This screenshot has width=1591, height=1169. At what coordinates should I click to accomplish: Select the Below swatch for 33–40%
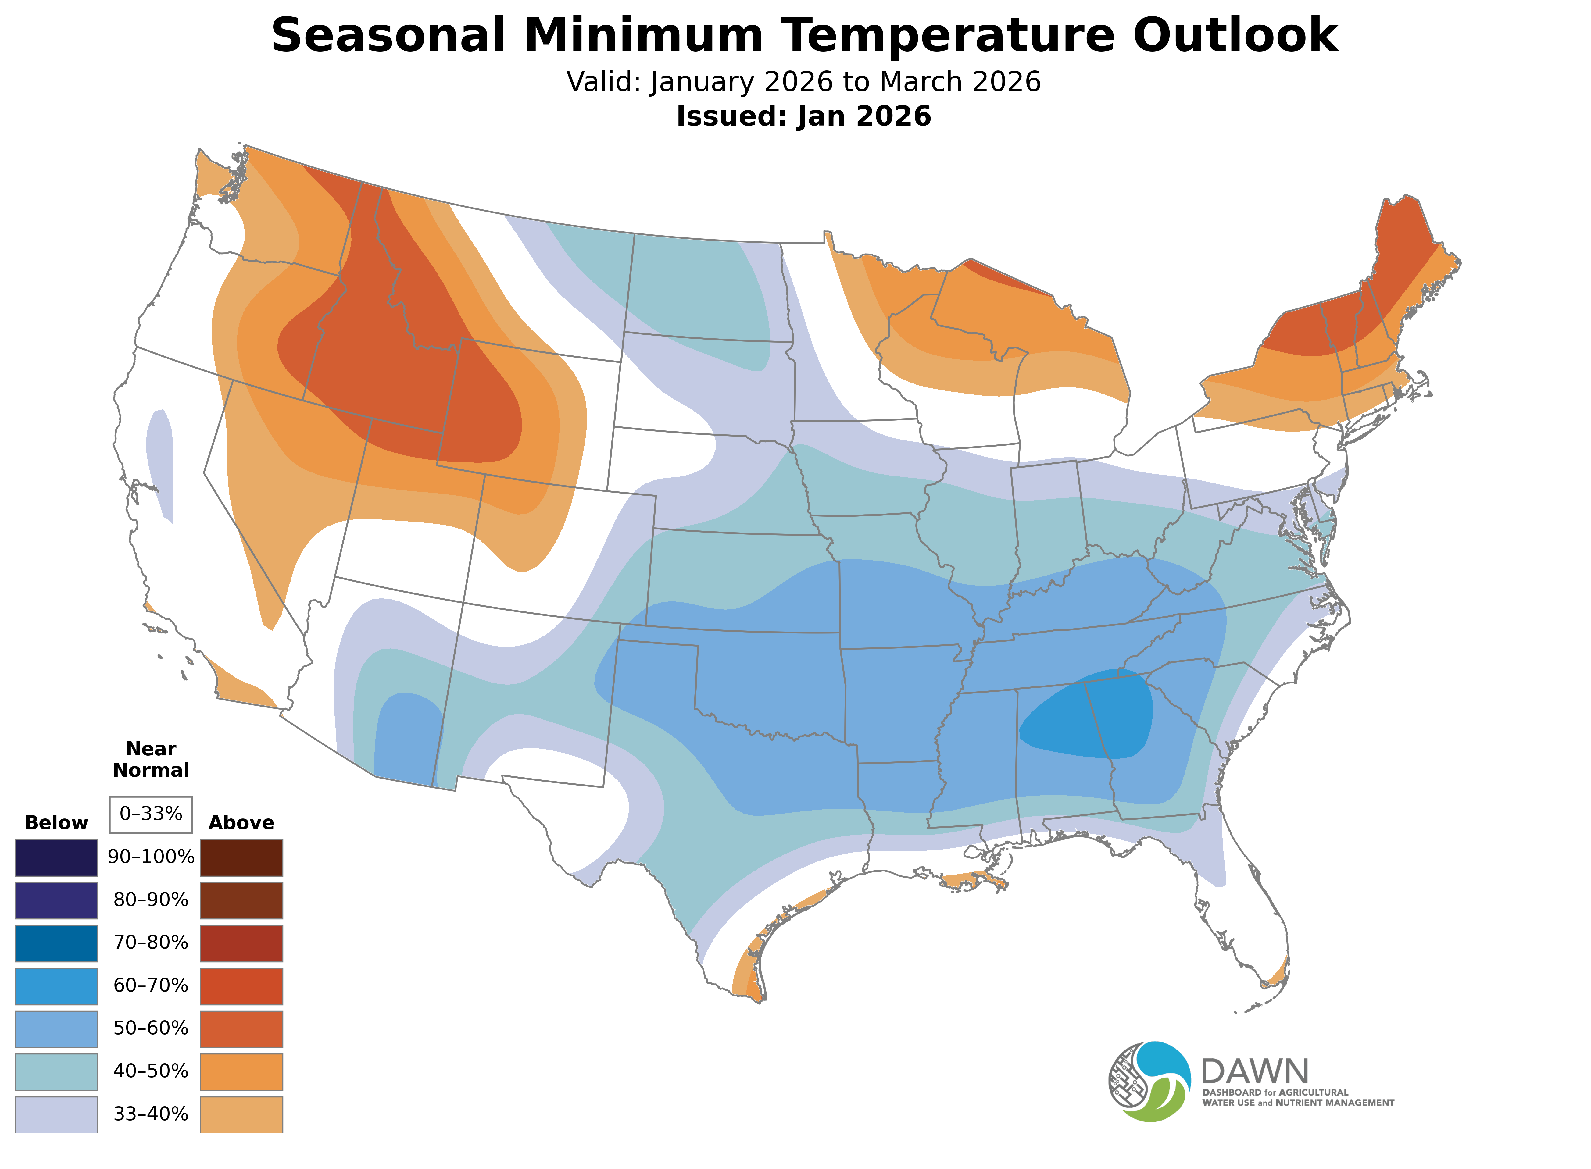click(x=57, y=1114)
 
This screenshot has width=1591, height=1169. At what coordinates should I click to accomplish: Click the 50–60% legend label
click(x=151, y=1028)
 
